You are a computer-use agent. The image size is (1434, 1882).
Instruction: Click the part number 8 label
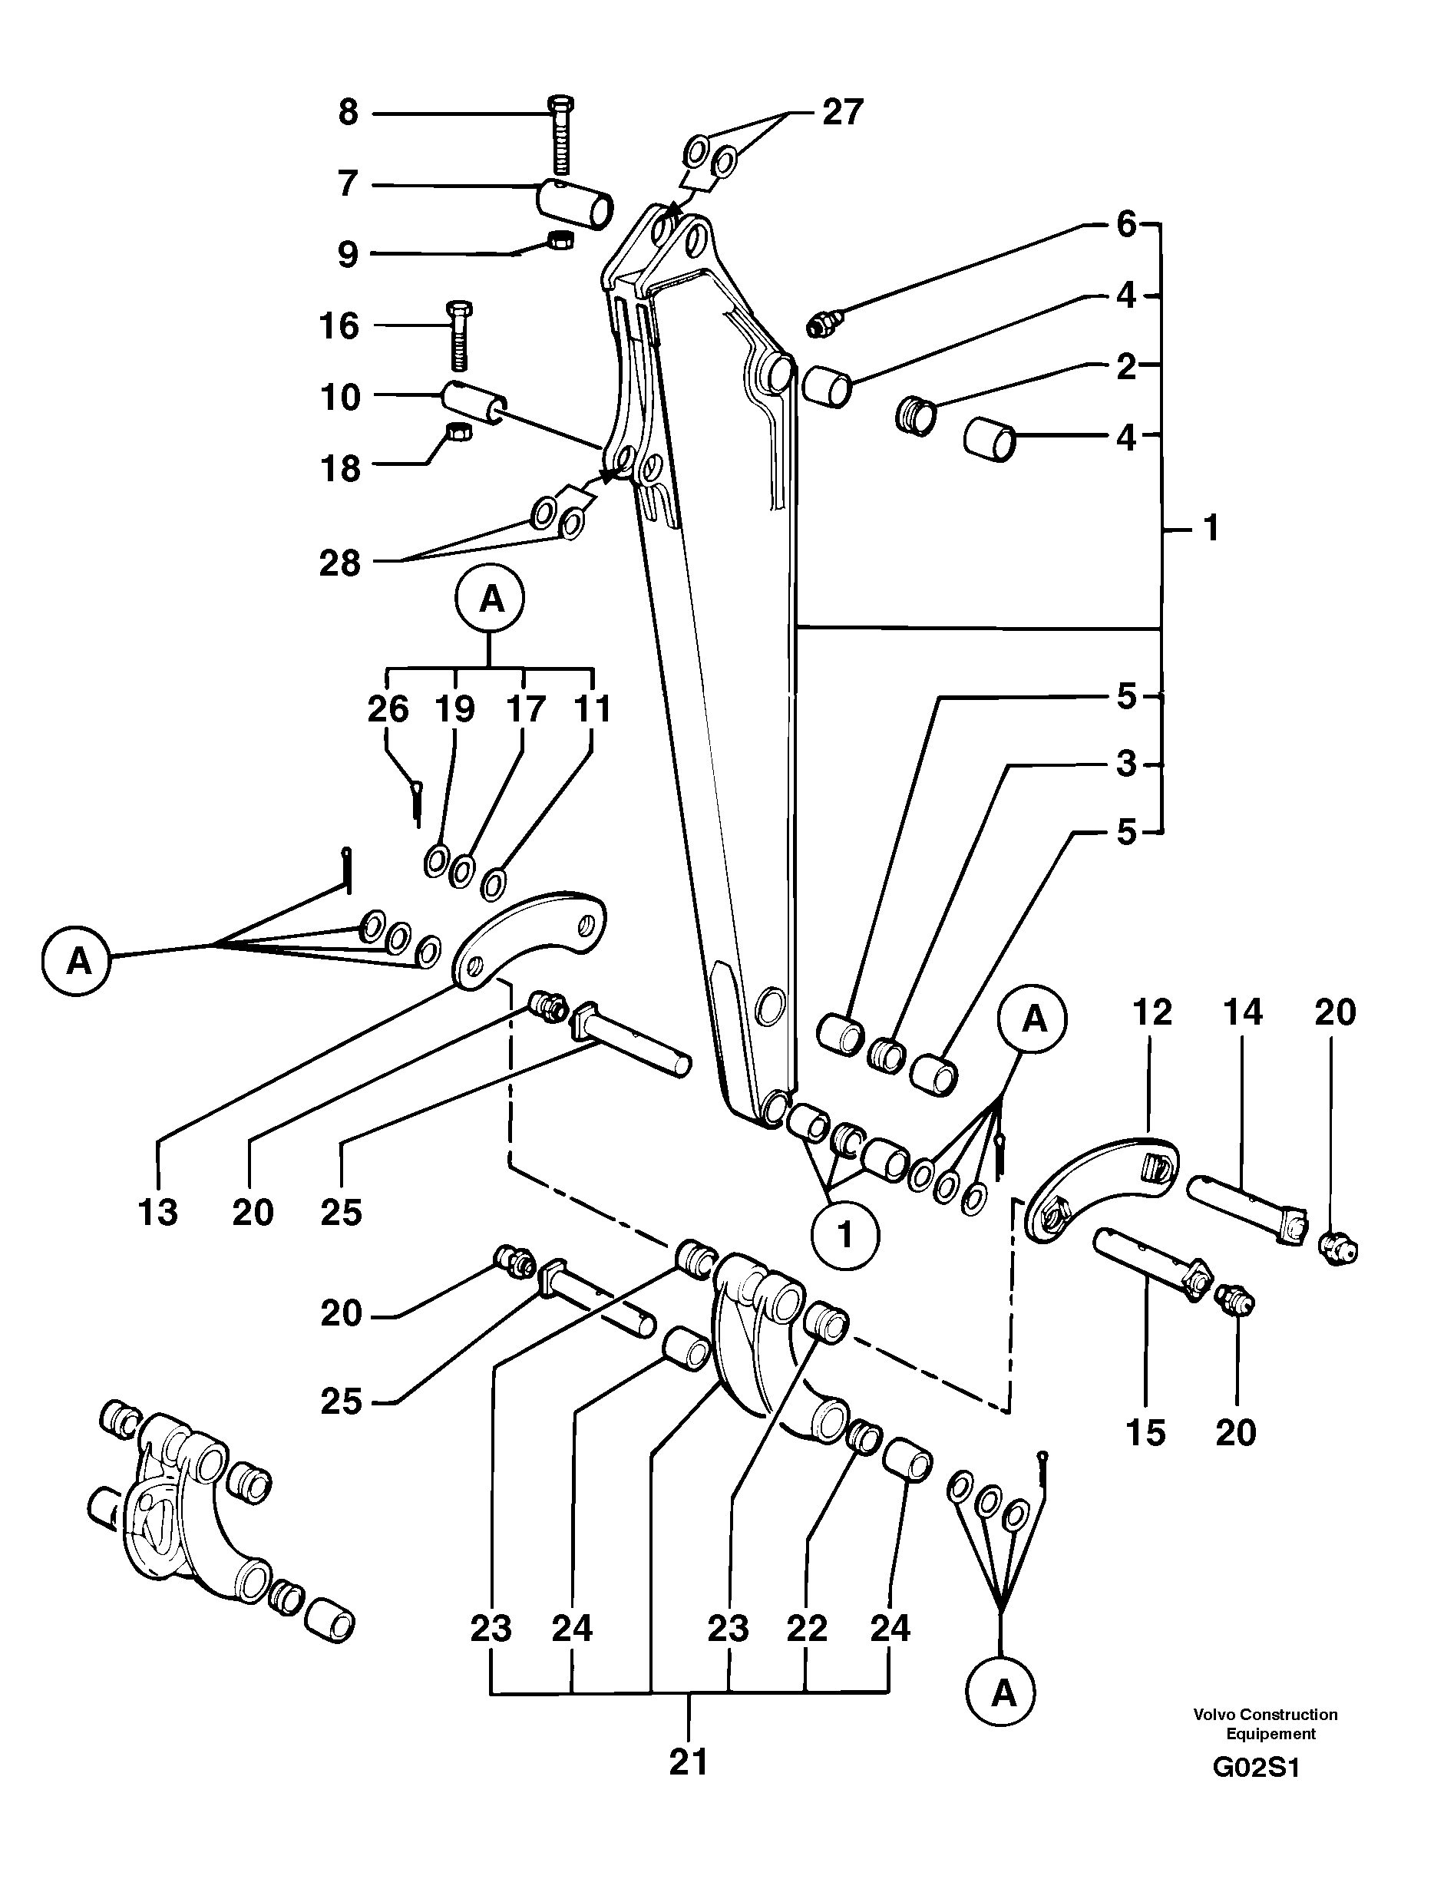(x=349, y=113)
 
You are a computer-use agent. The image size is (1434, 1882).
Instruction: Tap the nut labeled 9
(x=559, y=242)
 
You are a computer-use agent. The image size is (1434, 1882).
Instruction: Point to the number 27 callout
(x=842, y=113)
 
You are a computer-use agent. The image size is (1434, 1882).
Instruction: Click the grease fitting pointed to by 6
(x=823, y=323)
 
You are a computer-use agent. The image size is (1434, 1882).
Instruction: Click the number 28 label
(x=340, y=563)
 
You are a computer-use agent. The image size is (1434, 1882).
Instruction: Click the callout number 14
(x=1242, y=1012)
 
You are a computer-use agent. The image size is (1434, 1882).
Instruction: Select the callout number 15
(x=1145, y=1432)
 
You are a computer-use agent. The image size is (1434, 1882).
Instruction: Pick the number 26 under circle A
(x=388, y=709)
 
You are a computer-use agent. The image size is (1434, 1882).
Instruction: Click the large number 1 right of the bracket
(x=1211, y=528)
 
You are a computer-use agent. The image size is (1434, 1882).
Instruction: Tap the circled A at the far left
(x=78, y=961)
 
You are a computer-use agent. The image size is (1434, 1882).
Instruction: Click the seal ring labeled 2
(x=916, y=414)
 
